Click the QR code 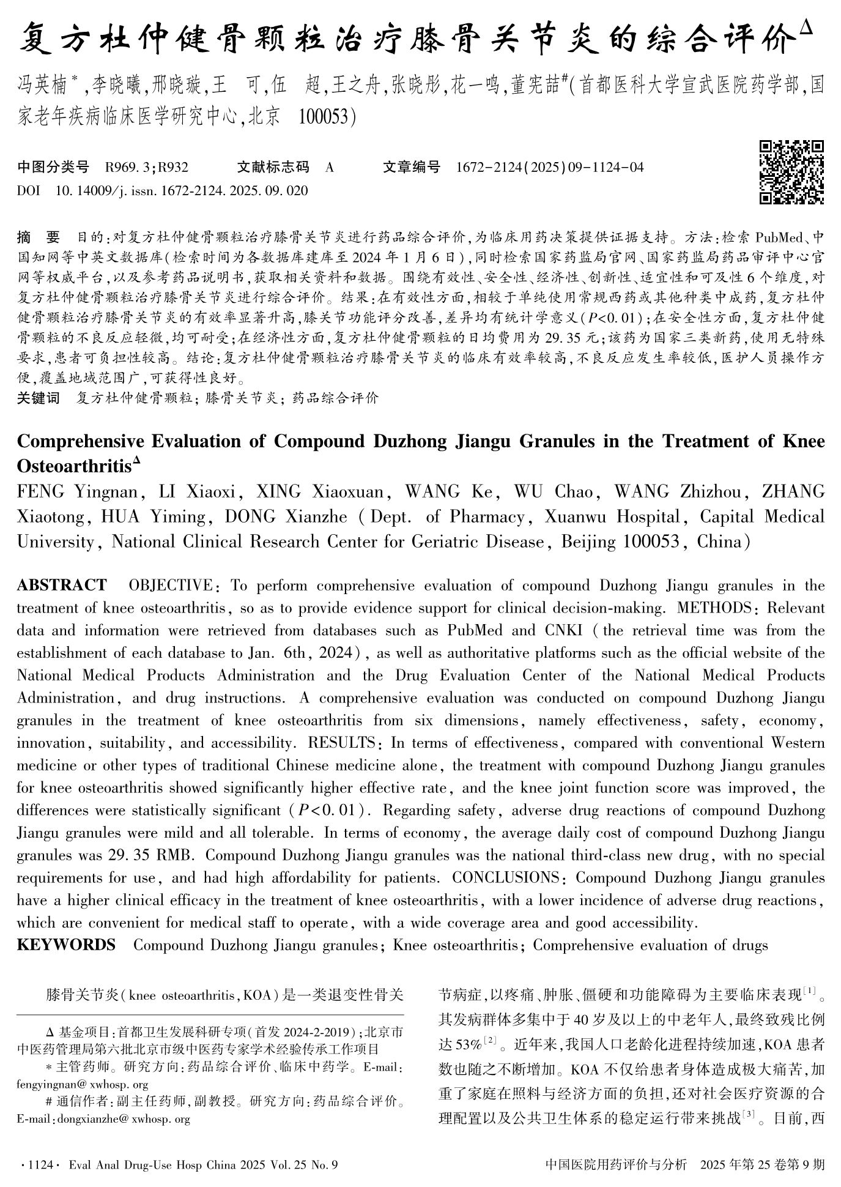791,172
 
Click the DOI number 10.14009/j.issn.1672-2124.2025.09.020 182,191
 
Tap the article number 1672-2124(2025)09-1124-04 550,167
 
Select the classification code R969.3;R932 147,167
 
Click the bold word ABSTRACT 62,586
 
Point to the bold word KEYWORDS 66,945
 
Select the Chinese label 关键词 39,398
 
